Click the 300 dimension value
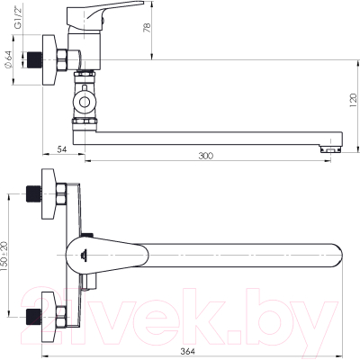pyautogui.click(x=206, y=156)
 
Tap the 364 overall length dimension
pyautogui.click(x=189, y=351)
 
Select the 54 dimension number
pyautogui.click(x=61, y=149)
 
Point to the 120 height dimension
pyautogui.click(x=354, y=101)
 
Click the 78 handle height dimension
pyautogui.click(x=147, y=28)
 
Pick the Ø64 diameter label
pyautogui.click(x=8, y=58)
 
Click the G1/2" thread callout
pyautogui.click(x=19, y=20)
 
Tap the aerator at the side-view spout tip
pyautogui.click(x=330, y=149)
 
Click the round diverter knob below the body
pyautogui.click(x=85, y=102)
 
